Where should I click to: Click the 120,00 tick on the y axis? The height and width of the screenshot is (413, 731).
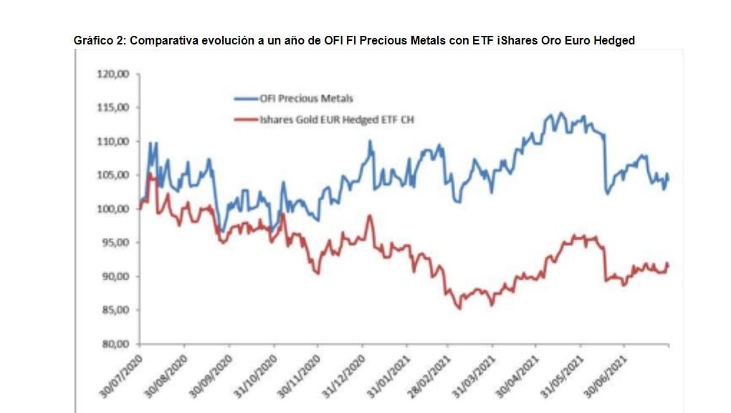(x=113, y=74)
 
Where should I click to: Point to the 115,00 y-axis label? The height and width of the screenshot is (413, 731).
(x=113, y=108)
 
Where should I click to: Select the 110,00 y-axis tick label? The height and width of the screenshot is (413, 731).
(x=113, y=141)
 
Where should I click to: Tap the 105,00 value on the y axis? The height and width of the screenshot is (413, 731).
(x=113, y=175)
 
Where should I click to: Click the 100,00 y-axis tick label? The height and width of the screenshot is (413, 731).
(x=113, y=209)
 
